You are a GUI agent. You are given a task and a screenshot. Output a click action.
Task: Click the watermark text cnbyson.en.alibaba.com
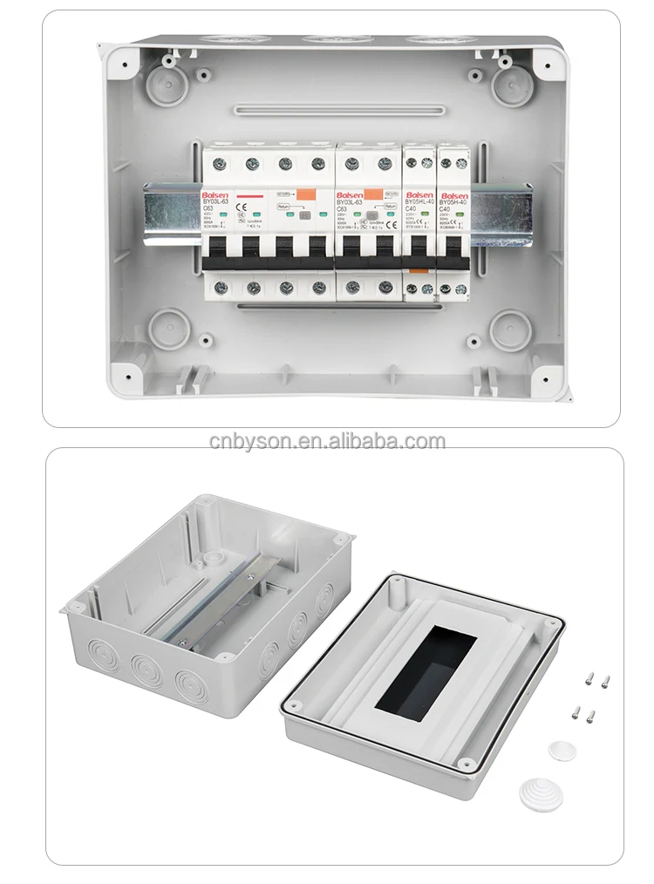(x=327, y=441)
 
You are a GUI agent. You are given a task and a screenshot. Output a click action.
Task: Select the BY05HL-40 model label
(x=420, y=202)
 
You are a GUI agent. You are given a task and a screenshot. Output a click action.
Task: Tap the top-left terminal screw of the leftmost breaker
(x=220, y=163)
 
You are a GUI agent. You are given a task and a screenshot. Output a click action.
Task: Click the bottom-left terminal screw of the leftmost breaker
(x=221, y=287)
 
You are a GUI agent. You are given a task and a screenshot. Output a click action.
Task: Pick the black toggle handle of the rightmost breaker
(x=453, y=259)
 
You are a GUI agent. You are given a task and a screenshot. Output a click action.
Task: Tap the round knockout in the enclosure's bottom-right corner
(x=510, y=329)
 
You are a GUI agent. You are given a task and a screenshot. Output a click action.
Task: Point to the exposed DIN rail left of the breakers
(x=172, y=212)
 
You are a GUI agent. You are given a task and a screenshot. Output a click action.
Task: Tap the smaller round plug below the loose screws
(x=562, y=751)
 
